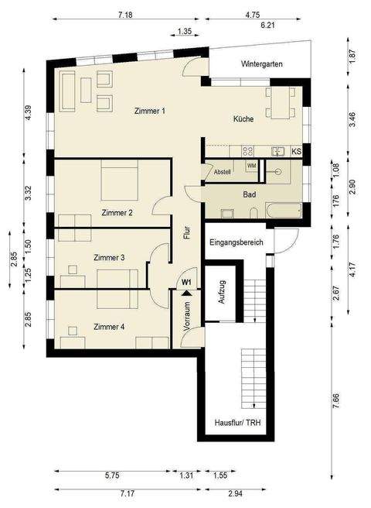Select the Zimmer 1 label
pos(149,111)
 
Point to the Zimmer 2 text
pos(117,211)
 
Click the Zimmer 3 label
pos(109,257)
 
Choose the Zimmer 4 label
pos(109,326)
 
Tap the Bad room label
pos(249,194)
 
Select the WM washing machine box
pos(251,166)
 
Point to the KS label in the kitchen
pos(296,152)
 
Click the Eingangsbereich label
pos(237,242)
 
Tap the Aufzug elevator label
pos(222,293)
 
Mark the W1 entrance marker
pos(186,283)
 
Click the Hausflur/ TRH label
pos(238,424)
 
